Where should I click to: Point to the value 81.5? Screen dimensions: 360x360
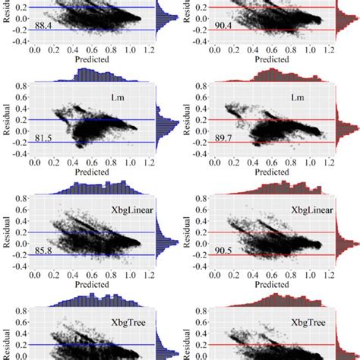pyautogui.click(x=43, y=137)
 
